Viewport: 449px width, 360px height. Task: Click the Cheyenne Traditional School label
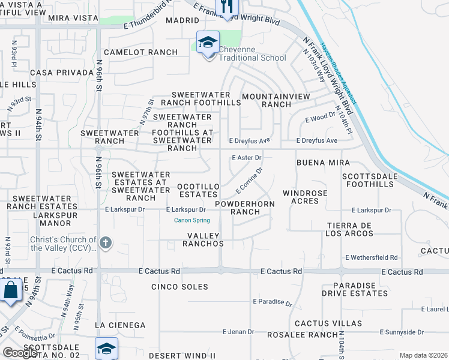coord(252,53)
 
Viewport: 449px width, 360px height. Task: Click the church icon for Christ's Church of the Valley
coord(106,243)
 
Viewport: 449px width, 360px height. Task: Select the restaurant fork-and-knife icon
coord(227,7)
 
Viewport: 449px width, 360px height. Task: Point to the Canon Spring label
coord(192,220)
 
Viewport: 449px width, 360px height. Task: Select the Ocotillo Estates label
coord(198,191)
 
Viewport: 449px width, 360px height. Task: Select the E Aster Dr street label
coord(247,158)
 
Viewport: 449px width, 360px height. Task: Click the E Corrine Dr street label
coord(250,180)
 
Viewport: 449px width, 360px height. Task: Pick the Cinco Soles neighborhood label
coord(181,287)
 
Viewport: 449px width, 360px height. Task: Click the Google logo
coord(20,353)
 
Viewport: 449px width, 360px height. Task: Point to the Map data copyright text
coord(423,355)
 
